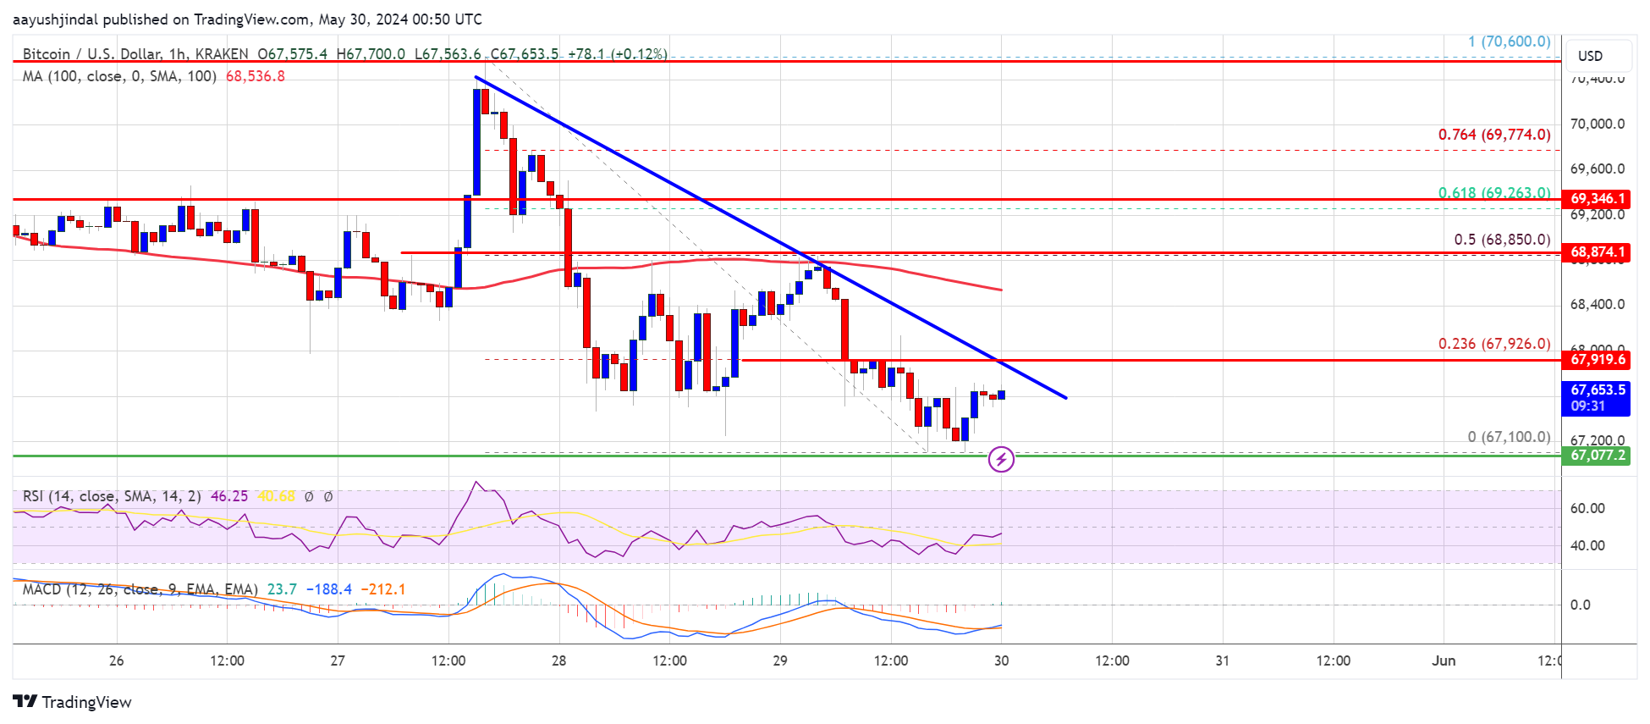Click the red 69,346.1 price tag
pyautogui.click(x=1597, y=199)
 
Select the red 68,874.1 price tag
pyautogui.click(x=1597, y=252)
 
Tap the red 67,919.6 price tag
pyautogui.click(x=1597, y=360)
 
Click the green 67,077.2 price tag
pyautogui.click(x=1597, y=456)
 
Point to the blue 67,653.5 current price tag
pyautogui.click(x=1597, y=397)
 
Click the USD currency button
pyautogui.click(x=1590, y=56)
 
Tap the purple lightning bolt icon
pyautogui.click(x=1001, y=459)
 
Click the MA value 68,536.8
pyautogui.click(x=255, y=76)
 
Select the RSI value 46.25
pyautogui.click(x=229, y=496)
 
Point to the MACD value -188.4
pyautogui.click(x=328, y=589)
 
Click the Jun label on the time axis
pyautogui.click(x=1444, y=660)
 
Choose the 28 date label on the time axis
pyautogui.click(x=558, y=660)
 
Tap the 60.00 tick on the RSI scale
pyautogui.click(x=1587, y=508)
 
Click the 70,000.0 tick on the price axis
pyautogui.click(x=1597, y=124)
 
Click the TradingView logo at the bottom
pyautogui.click(x=73, y=702)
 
